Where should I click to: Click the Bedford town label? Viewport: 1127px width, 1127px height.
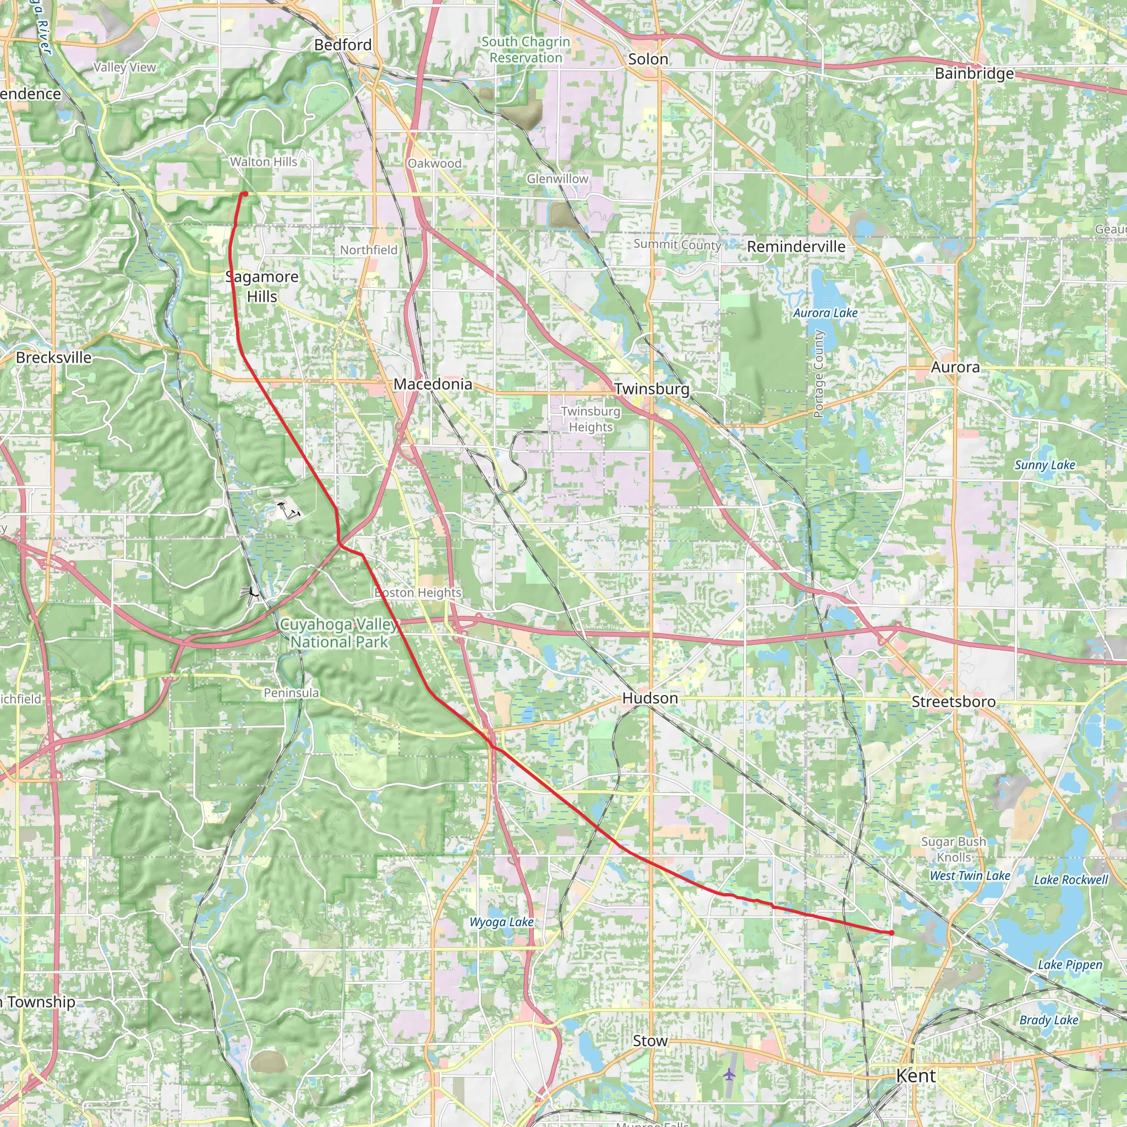point(342,45)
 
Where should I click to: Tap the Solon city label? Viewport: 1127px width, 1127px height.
point(648,59)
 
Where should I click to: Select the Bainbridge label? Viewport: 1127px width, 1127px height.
point(974,74)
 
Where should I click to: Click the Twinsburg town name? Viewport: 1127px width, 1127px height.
point(652,389)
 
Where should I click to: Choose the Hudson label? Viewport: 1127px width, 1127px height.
point(650,698)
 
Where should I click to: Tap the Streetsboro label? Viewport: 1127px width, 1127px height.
point(953,701)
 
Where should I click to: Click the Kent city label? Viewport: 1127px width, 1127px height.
point(915,1076)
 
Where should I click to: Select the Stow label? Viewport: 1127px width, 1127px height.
point(650,1041)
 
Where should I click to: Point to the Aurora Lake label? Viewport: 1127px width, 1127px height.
point(825,313)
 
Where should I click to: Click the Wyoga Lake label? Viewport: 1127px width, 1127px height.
point(501,922)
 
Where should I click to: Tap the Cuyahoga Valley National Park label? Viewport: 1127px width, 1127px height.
point(339,633)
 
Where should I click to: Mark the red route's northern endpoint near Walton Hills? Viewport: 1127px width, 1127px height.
point(245,194)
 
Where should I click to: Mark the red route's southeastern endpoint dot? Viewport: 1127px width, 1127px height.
point(891,933)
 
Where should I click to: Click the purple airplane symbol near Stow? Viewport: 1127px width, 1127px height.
point(729,1074)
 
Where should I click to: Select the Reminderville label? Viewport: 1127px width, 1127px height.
point(796,246)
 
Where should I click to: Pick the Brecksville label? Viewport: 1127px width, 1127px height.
point(54,357)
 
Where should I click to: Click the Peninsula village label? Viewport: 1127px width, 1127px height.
point(291,692)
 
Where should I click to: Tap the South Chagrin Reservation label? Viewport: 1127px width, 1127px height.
point(526,50)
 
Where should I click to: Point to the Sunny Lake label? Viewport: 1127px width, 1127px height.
point(1044,465)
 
